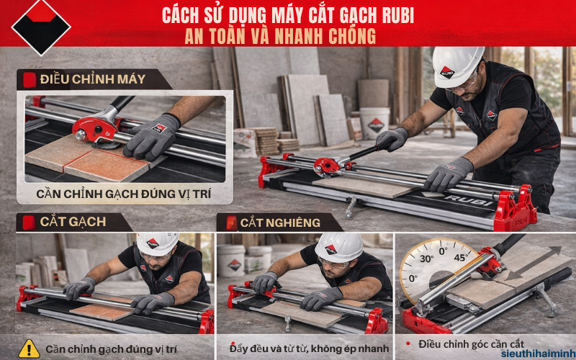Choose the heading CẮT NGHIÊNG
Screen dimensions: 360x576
tap(281, 222)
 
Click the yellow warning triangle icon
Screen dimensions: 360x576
tap(29, 348)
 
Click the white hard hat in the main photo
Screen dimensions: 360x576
tap(458, 65)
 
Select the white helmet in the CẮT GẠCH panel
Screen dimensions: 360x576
tap(157, 243)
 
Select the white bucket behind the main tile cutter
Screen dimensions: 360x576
tap(376, 123)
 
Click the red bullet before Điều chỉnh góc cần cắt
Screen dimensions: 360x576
tap(408, 344)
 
